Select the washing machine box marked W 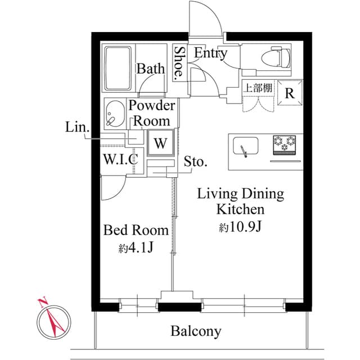tap(160, 143)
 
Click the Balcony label tap(196, 331)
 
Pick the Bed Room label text tap(136, 230)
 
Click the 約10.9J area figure tap(241, 227)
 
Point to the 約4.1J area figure tap(136, 247)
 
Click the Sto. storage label tap(195, 163)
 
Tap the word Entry tap(210, 53)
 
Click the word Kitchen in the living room tap(241, 210)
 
